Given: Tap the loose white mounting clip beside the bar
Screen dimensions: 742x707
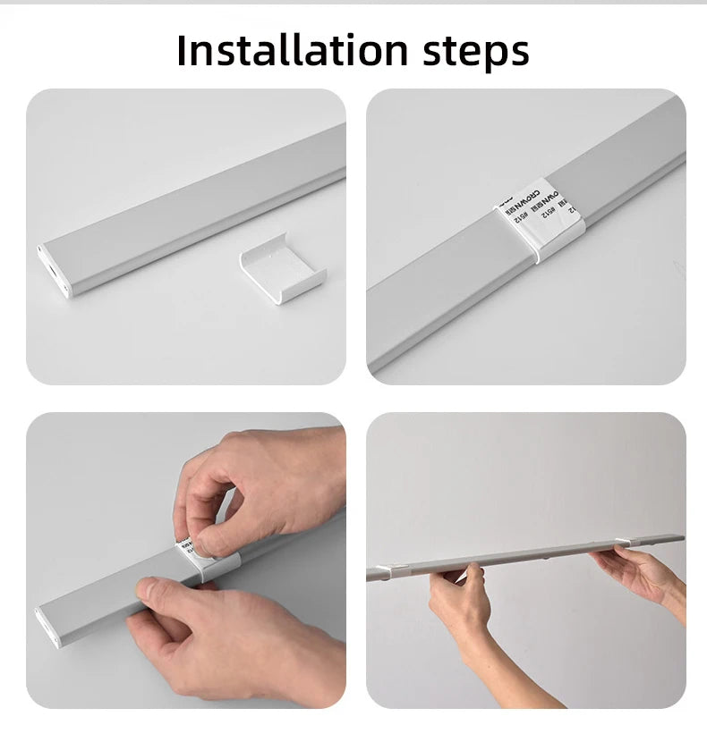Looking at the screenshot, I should [x=282, y=268].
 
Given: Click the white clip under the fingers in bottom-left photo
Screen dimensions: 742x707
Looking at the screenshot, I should [x=220, y=563].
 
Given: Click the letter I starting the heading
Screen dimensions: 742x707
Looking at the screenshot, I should [x=183, y=50].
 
